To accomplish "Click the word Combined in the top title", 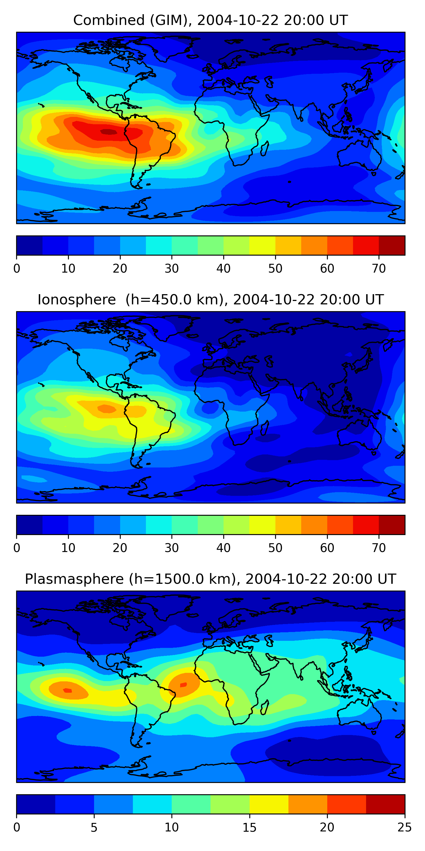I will [109, 20].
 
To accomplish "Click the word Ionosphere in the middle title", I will [76, 300].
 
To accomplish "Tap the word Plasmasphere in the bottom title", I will [74, 579].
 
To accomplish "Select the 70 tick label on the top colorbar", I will [379, 269].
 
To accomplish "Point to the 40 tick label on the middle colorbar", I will [223, 548].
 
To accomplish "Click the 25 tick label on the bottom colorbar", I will [405, 827].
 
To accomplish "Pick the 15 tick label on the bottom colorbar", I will [249, 827].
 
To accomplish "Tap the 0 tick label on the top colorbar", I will [17, 269].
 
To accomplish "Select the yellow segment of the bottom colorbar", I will [269, 804].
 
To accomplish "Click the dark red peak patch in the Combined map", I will [109, 132].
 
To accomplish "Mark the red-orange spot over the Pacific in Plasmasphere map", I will [67, 690].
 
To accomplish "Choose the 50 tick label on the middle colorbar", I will [275, 548].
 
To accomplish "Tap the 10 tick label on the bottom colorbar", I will [172, 827].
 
